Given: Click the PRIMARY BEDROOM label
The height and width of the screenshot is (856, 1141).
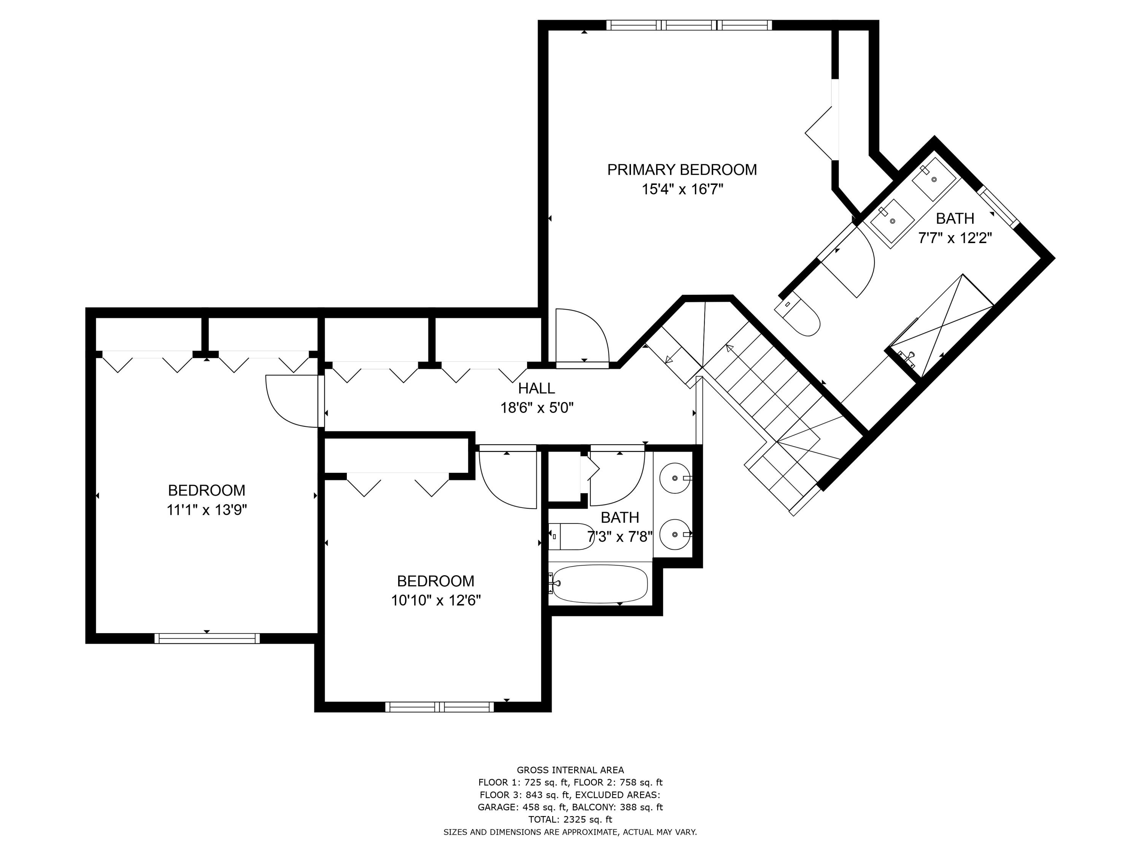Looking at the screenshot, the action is [682, 170].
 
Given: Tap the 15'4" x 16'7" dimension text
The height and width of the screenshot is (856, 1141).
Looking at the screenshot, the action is [682, 189].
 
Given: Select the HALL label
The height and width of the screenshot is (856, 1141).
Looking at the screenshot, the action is [536, 388].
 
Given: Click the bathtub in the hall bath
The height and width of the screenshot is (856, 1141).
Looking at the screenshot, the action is [599, 584].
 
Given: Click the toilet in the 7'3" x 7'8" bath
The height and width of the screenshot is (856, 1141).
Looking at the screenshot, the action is [570, 536].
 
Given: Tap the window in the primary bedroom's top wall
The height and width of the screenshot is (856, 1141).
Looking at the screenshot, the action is [689, 25].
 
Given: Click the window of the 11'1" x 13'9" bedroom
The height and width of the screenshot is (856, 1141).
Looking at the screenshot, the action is [207, 638].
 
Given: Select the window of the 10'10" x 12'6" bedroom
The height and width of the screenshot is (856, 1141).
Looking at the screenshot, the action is [440, 707].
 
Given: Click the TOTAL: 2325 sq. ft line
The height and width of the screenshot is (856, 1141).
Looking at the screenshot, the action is [570, 819].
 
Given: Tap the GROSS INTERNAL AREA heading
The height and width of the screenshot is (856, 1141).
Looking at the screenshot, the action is [570, 770].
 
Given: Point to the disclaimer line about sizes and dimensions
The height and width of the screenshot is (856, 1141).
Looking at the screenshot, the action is [570, 832].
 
